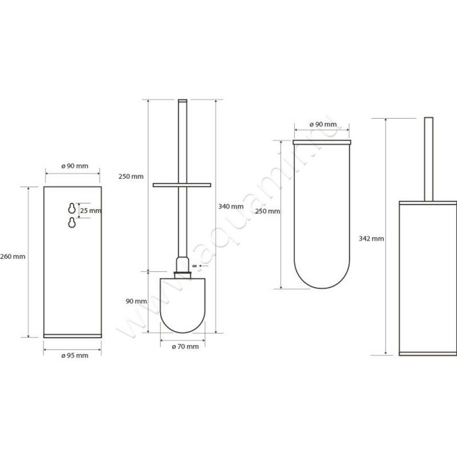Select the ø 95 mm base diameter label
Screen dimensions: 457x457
pos(74,355)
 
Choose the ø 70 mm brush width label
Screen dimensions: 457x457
pos(185,346)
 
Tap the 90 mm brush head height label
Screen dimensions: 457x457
pos(137,301)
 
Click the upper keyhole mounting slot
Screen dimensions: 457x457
pos(71,208)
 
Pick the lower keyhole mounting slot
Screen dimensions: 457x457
pos(71,223)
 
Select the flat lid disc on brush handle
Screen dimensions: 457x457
pos(182,185)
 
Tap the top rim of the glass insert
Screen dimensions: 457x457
pos(322,141)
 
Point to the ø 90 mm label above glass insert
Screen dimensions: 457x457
pos(322,125)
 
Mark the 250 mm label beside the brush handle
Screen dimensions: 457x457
pos(130,176)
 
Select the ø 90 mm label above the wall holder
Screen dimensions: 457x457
pos(74,166)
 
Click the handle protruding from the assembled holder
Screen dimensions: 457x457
pos(428,157)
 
